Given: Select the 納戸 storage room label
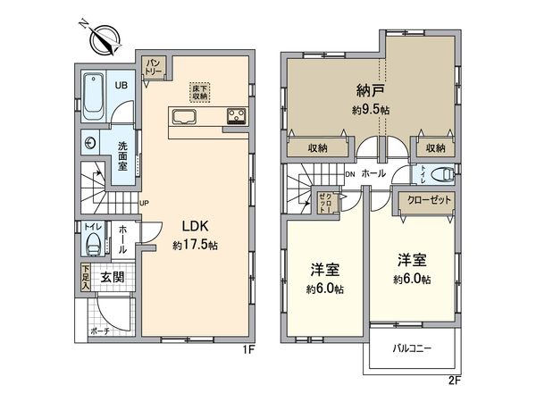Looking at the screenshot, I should coord(368,89).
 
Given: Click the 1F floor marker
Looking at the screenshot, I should coord(250,348).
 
